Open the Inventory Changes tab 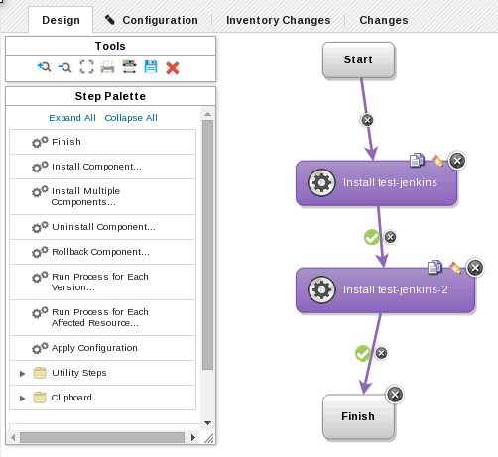[x=278, y=19]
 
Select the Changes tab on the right [x=383, y=19]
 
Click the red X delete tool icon [x=172, y=67]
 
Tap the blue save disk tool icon [x=151, y=67]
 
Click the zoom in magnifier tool [x=44, y=67]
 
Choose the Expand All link [x=72, y=118]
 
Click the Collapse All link [x=131, y=118]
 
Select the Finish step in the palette [x=65, y=142]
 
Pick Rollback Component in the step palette [x=99, y=252]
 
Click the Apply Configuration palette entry [x=94, y=348]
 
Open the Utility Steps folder [x=78, y=373]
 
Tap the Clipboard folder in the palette [x=71, y=398]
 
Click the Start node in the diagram [x=358, y=59]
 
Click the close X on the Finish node [x=394, y=395]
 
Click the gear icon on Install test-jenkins [x=320, y=182]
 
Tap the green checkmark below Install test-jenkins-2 [x=362, y=352]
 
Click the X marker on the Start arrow [x=367, y=120]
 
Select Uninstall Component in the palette [x=103, y=227]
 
